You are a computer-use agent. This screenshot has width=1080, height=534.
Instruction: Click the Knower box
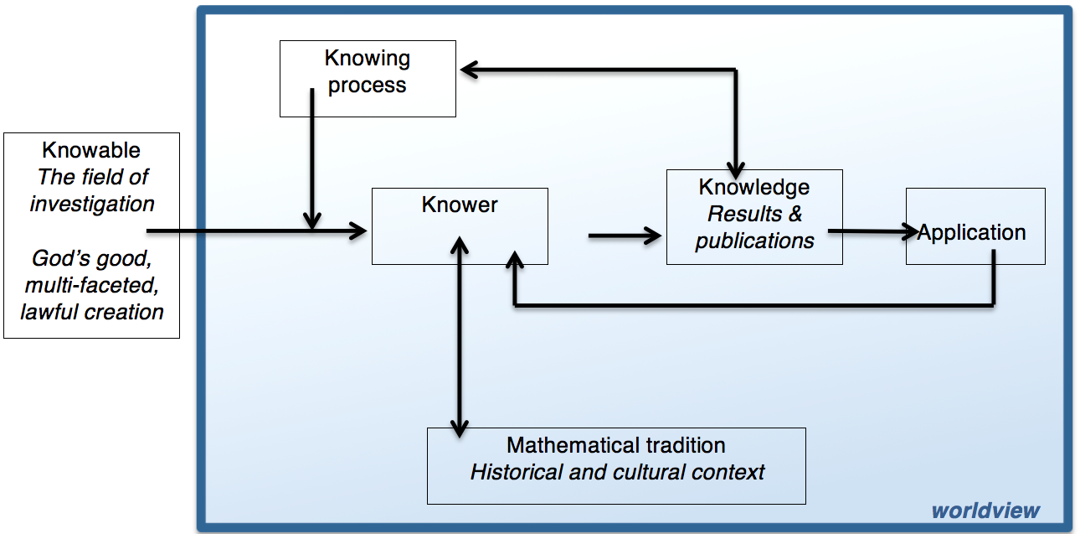(x=460, y=226)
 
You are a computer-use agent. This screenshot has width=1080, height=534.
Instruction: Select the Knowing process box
(x=367, y=78)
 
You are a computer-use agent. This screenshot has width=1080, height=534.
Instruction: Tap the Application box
(x=975, y=226)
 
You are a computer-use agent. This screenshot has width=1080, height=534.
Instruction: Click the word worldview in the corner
(x=985, y=511)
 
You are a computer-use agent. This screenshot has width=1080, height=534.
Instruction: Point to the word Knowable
(x=91, y=151)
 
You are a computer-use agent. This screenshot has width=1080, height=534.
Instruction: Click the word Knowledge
(x=753, y=187)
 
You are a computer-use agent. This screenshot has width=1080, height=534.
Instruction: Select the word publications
(x=754, y=241)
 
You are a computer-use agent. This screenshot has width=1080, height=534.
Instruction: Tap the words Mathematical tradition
(x=615, y=445)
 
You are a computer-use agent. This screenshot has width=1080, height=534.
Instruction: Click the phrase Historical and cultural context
(x=617, y=472)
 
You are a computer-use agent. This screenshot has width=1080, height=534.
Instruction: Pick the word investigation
(x=92, y=204)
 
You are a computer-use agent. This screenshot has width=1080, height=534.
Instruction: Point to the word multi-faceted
(x=92, y=285)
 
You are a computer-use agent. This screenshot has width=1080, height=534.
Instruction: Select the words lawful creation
(x=92, y=312)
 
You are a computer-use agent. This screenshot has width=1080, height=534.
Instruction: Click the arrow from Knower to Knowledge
(x=624, y=236)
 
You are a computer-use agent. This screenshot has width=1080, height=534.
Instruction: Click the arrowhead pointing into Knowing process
(x=468, y=71)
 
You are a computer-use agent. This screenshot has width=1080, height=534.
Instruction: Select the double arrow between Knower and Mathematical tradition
(x=459, y=335)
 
